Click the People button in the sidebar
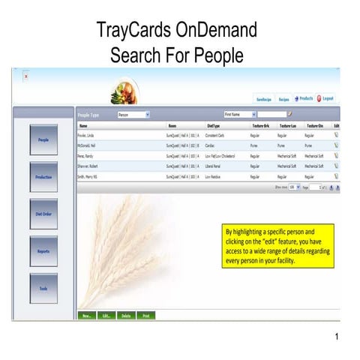[43, 139]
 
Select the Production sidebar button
[43, 176]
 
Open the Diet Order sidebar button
[43, 214]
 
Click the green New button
[87, 316]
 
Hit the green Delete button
[126, 316]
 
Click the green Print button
[145, 316]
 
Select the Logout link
[327, 99]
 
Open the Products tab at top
[304, 99]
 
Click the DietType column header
[214, 125]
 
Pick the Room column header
[172, 125]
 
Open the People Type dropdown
[133, 115]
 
